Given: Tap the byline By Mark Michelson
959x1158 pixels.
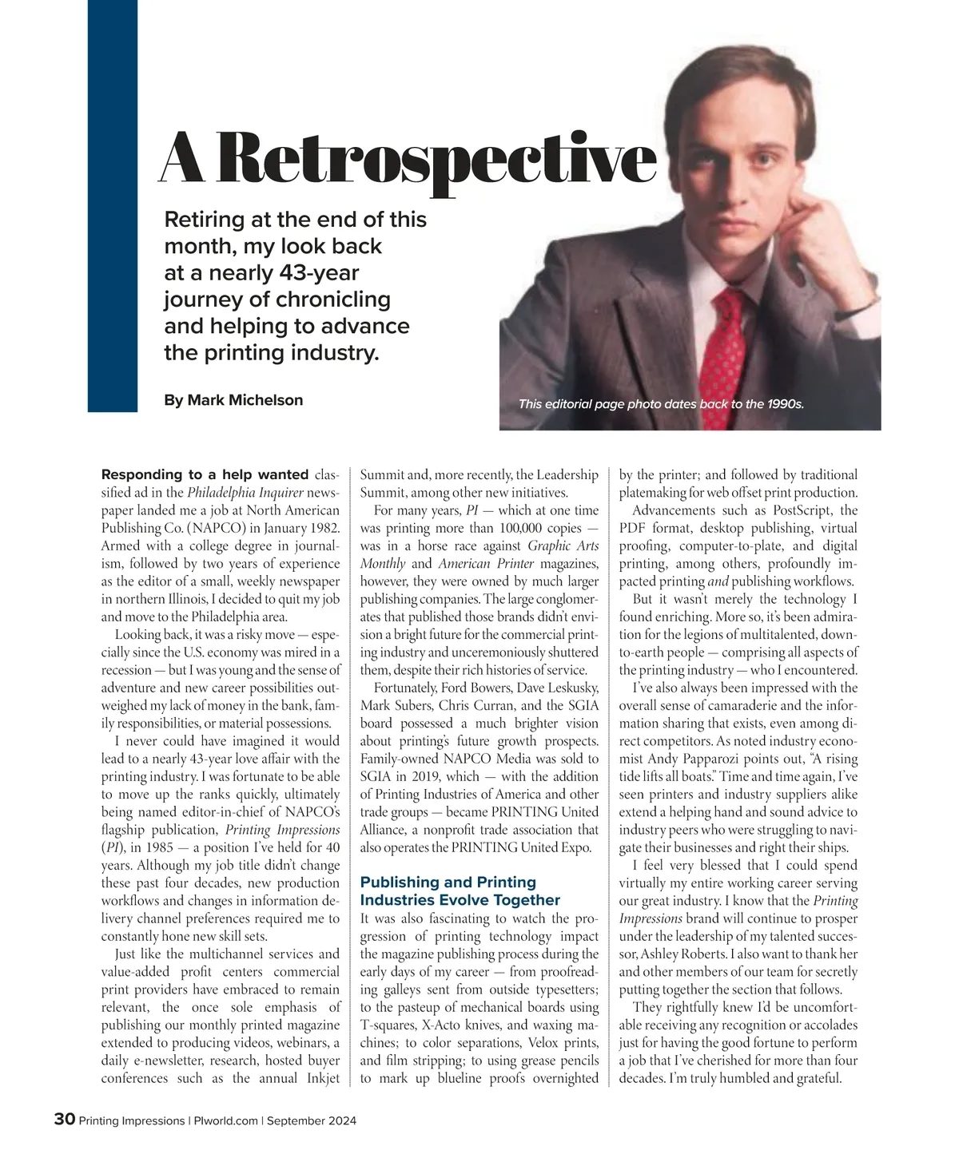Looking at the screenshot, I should pos(233,400).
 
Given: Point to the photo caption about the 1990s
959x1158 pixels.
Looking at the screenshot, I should pos(661,404).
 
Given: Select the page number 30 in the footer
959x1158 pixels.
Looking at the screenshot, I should pos(64,1120).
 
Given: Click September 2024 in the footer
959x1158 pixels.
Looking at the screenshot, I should pos(312,1120).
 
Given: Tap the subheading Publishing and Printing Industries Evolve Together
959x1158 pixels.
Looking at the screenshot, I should pos(460,890).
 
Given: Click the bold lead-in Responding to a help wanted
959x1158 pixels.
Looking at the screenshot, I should pos(205,474).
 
